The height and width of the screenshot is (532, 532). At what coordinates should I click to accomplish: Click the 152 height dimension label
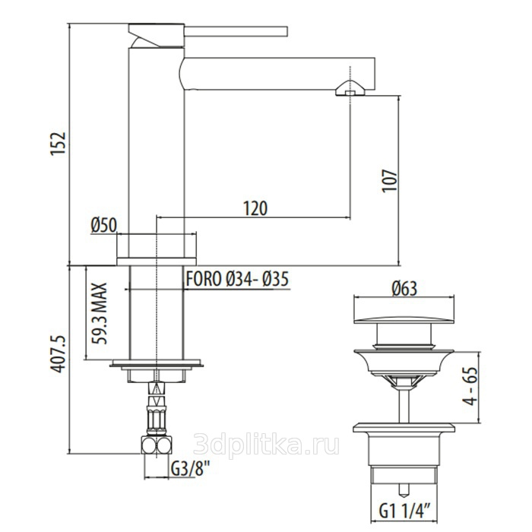tap(58, 143)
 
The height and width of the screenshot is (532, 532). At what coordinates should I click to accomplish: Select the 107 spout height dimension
tap(389, 181)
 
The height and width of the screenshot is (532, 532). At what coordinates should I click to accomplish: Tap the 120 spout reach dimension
tap(255, 208)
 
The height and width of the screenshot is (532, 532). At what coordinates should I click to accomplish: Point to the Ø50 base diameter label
tap(104, 225)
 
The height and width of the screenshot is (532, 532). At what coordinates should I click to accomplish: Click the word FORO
tap(204, 279)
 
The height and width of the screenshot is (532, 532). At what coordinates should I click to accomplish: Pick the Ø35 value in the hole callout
tap(275, 279)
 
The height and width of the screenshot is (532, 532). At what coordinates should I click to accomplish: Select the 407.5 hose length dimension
tap(58, 354)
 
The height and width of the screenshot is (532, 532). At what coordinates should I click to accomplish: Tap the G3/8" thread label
tap(190, 469)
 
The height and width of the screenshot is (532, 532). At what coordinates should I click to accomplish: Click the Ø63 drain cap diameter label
tap(404, 289)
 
